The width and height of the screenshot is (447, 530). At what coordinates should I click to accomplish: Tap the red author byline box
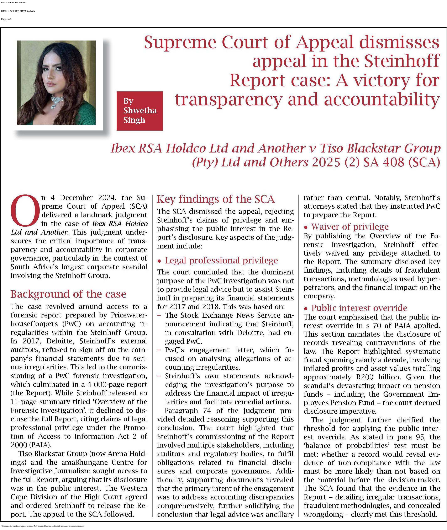[x=140, y=111]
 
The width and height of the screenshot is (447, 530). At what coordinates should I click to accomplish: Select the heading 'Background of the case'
[x=68, y=294]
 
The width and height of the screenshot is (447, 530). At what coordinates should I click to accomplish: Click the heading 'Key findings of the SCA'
[x=216, y=199]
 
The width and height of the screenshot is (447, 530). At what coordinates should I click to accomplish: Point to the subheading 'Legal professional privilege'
[x=221, y=260]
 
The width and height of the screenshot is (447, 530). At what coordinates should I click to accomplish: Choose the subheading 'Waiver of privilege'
[x=350, y=226]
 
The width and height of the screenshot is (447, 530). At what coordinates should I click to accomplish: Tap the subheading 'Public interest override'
[x=359, y=308]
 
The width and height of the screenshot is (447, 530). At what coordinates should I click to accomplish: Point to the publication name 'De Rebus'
[x=21, y=2]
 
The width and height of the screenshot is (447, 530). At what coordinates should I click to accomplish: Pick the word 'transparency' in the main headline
[x=228, y=99]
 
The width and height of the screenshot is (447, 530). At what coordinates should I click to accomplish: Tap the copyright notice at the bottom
[x=42, y=526]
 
